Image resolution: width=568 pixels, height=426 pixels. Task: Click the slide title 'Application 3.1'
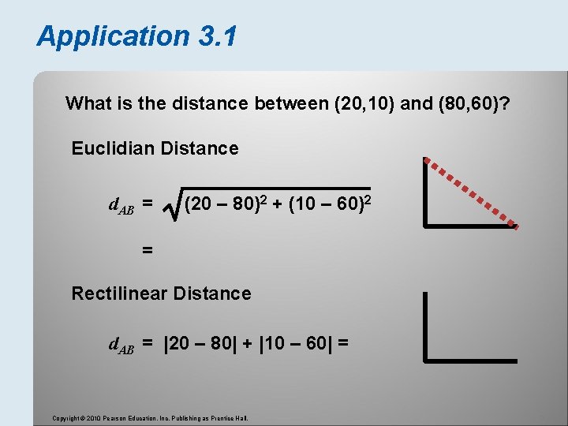point(136,36)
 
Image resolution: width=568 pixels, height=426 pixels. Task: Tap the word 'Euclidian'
point(109,148)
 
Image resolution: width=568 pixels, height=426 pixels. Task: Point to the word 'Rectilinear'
point(119,293)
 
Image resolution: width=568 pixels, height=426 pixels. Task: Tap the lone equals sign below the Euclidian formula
point(147,250)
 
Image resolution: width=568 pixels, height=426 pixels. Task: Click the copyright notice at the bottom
point(150,417)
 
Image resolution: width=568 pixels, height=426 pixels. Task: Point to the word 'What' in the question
point(88,103)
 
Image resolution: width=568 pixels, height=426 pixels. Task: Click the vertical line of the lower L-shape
point(426,327)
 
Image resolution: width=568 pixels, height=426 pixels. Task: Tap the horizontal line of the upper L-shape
point(471,226)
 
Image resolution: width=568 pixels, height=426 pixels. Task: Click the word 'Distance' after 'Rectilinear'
point(215,293)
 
